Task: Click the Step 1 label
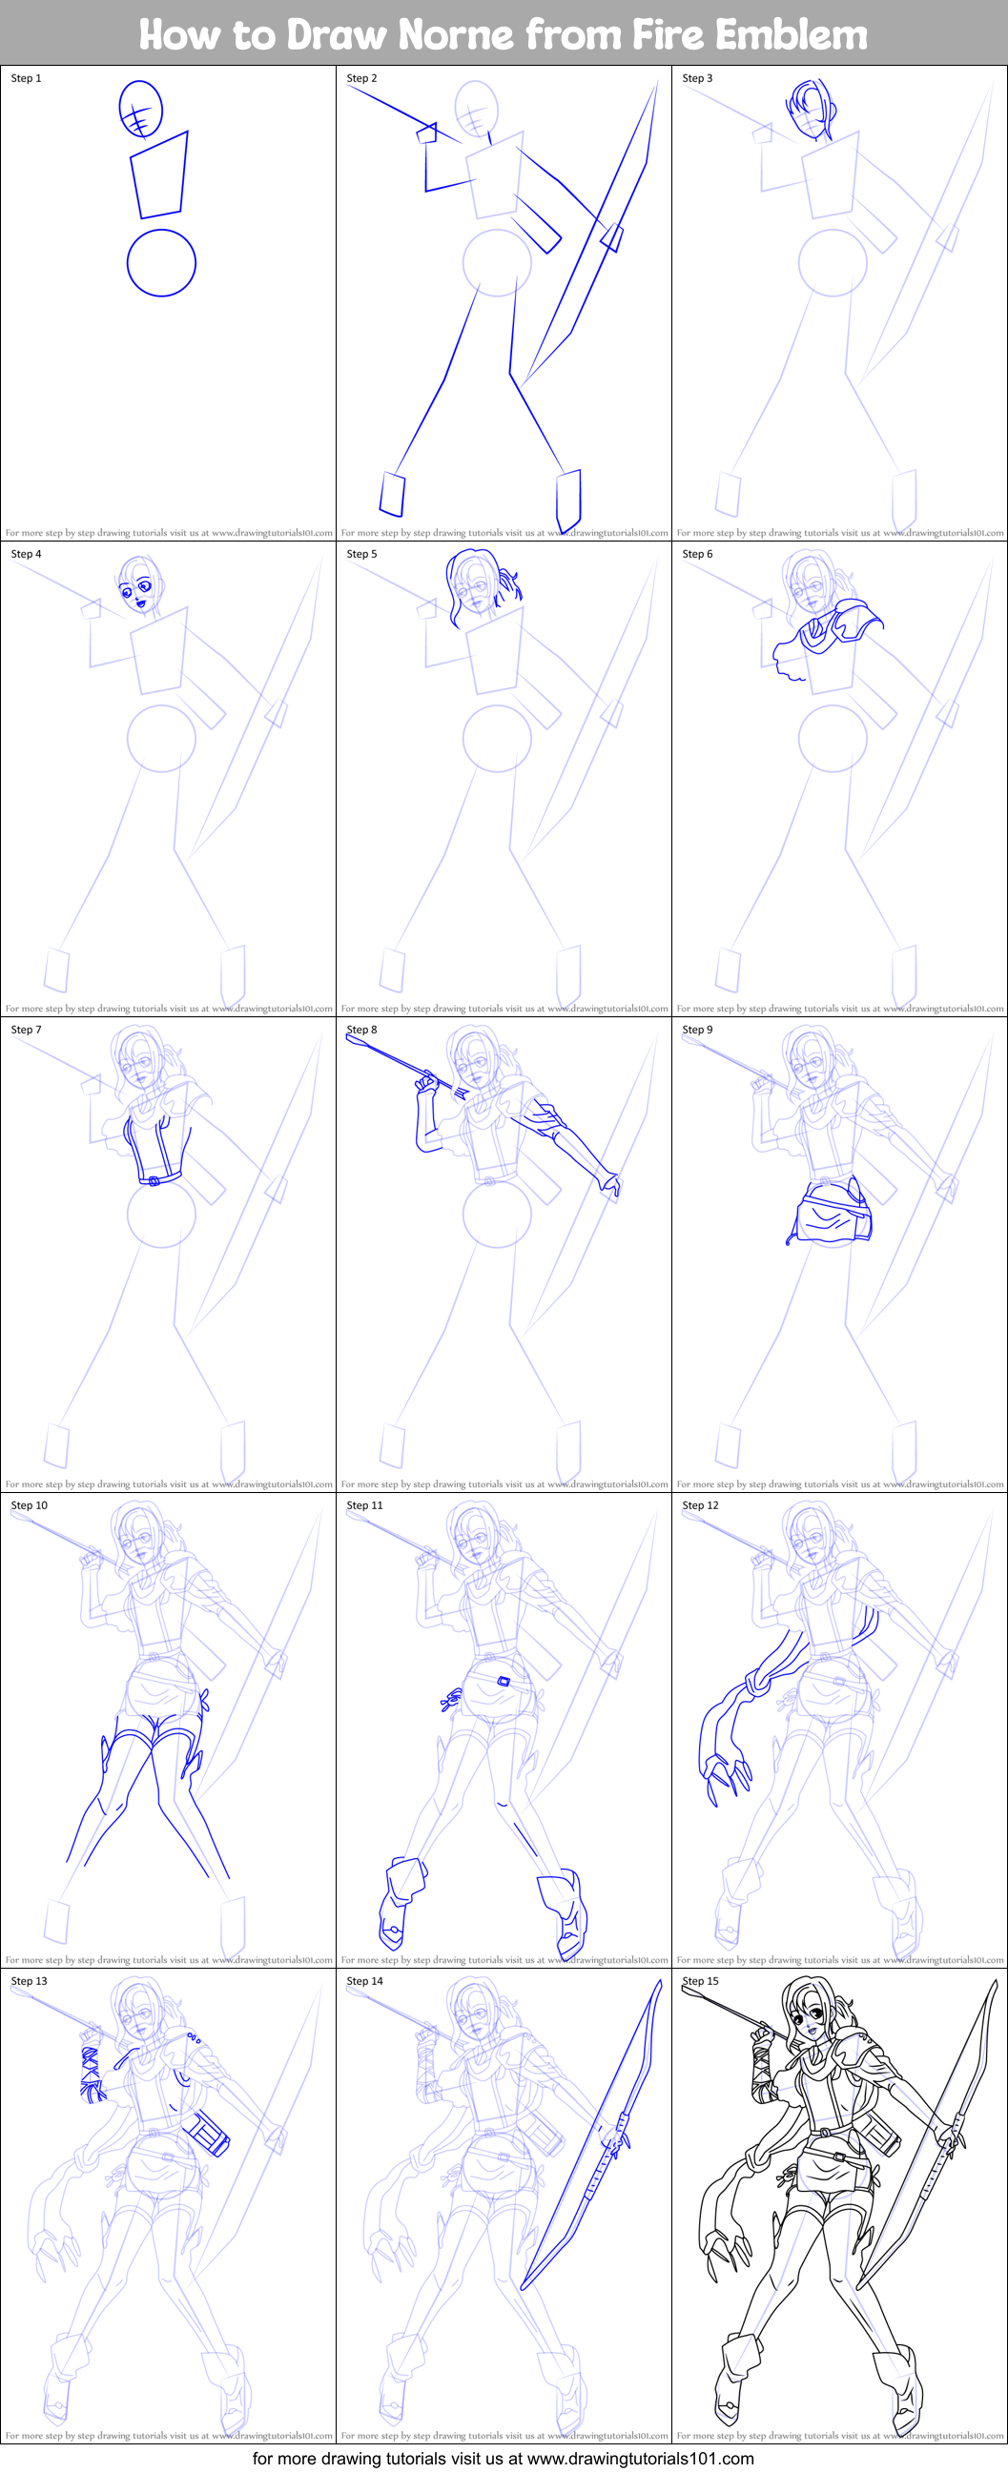point(26,79)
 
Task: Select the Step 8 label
point(362,1030)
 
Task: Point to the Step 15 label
point(700,1981)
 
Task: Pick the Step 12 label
point(700,1505)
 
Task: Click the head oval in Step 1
point(140,108)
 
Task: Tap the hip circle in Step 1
point(161,263)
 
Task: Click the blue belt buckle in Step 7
point(154,1181)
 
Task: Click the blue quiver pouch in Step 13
point(209,2135)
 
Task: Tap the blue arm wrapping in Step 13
point(93,2074)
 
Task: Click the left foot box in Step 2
point(392,494)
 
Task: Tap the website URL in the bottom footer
point(640,2459)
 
